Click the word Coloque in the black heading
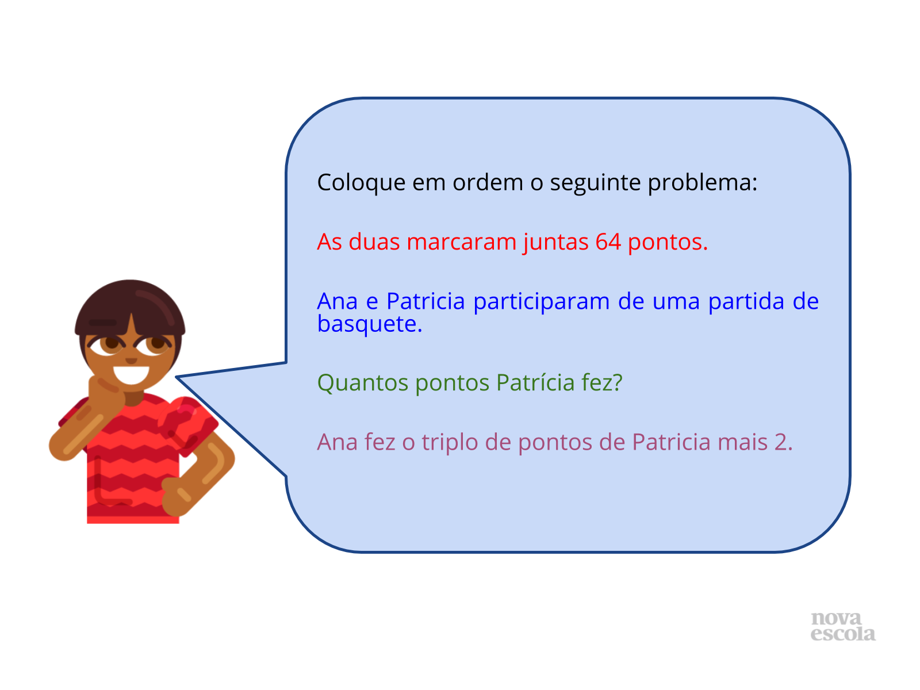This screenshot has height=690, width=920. click(361, 183)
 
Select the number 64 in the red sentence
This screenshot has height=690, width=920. click(608, 241)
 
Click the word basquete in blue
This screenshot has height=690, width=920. click(367, 324)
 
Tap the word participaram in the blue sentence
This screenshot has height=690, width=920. click(541, 302)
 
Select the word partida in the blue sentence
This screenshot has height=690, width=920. click(746, 302)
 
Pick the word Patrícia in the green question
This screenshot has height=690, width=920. click(535, 382)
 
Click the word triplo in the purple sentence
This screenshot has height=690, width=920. click(449, 442)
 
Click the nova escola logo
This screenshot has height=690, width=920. click(842, 626)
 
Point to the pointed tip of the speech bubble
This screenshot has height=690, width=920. click(176, 377)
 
